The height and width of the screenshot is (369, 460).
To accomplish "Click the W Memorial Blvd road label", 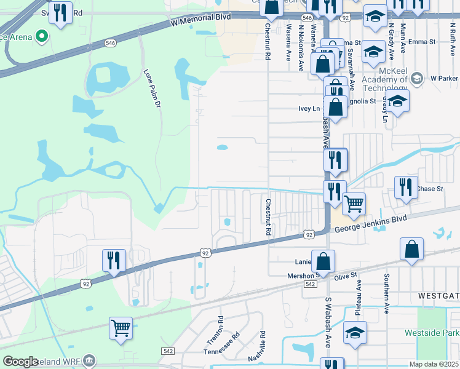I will tap(201, 20).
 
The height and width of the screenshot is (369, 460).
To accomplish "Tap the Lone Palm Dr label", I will tap(151, 90).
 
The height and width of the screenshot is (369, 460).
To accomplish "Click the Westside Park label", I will tap(432, 333).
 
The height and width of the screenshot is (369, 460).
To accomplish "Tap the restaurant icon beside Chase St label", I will tap(405, 187).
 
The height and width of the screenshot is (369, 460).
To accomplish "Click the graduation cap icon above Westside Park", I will tap(355, 333).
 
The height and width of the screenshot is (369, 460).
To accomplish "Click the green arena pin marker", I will tap(42, 37).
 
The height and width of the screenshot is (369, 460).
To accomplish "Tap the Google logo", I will tap(21, 362).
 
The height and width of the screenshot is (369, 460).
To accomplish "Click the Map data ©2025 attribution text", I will tap(434, 364).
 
